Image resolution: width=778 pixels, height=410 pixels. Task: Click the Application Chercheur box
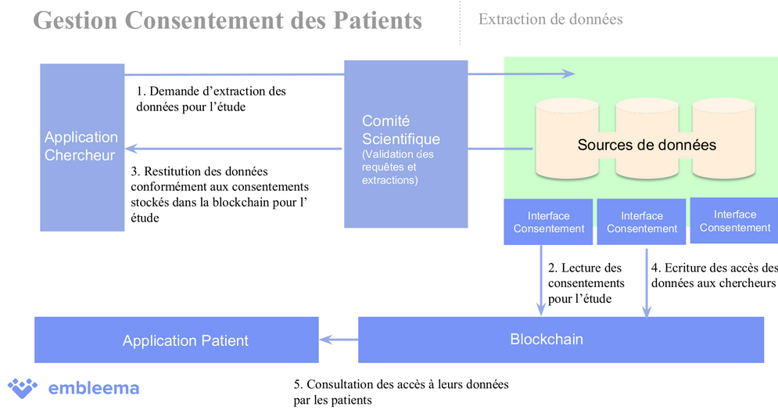(x=81, y=147)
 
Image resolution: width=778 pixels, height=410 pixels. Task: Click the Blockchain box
(x=561, y=340)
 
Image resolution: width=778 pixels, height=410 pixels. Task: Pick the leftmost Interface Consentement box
(x=548, y=222)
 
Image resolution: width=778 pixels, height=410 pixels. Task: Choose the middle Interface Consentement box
(x=641, y=222)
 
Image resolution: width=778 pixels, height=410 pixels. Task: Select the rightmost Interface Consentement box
(x=734, y=221)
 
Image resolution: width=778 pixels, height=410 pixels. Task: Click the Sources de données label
(x=647, y=145)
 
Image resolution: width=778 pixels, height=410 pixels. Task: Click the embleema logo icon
(x=23, y=387)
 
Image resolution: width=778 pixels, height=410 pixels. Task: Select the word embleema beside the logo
(x=93, y=388)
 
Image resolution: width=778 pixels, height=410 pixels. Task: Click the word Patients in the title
(x=371, y=20)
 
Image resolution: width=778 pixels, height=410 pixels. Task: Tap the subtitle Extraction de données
(x=550, y=19)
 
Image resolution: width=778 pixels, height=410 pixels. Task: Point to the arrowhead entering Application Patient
(x=325, y=340)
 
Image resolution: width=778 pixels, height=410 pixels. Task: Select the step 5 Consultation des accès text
(x=400, y=392)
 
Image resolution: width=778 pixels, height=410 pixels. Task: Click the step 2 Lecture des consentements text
(x=586, y=282)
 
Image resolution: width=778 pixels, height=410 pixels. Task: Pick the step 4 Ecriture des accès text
(x=714, y=275)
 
